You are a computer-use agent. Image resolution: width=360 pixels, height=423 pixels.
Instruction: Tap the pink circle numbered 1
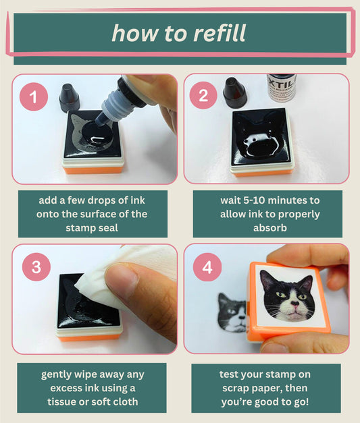pos(34,96)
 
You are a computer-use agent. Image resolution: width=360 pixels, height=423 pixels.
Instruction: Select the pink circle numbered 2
pos(203,95)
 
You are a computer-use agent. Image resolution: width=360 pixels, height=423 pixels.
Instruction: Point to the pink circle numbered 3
pos(36,266)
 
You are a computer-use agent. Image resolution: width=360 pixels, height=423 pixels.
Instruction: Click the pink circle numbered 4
pos(207,268)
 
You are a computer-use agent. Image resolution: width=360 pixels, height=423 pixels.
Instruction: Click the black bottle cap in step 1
pos(69,98)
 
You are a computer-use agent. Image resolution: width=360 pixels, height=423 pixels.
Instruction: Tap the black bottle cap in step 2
pos(234,92)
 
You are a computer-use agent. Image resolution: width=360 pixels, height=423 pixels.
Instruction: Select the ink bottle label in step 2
pos(282,88)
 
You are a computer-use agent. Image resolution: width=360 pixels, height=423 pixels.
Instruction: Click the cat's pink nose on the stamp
pos(295,304)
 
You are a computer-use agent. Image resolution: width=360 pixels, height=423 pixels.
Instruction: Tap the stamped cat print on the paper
pos(232,312)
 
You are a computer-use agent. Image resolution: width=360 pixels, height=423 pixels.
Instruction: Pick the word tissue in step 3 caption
pos(61,401)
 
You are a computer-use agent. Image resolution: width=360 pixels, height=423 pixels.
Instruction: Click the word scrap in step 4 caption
pos(236,388)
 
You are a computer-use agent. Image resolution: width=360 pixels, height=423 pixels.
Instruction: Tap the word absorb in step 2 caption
pos(269,228)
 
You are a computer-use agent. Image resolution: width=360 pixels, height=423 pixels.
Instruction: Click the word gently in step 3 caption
pos(56,374)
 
